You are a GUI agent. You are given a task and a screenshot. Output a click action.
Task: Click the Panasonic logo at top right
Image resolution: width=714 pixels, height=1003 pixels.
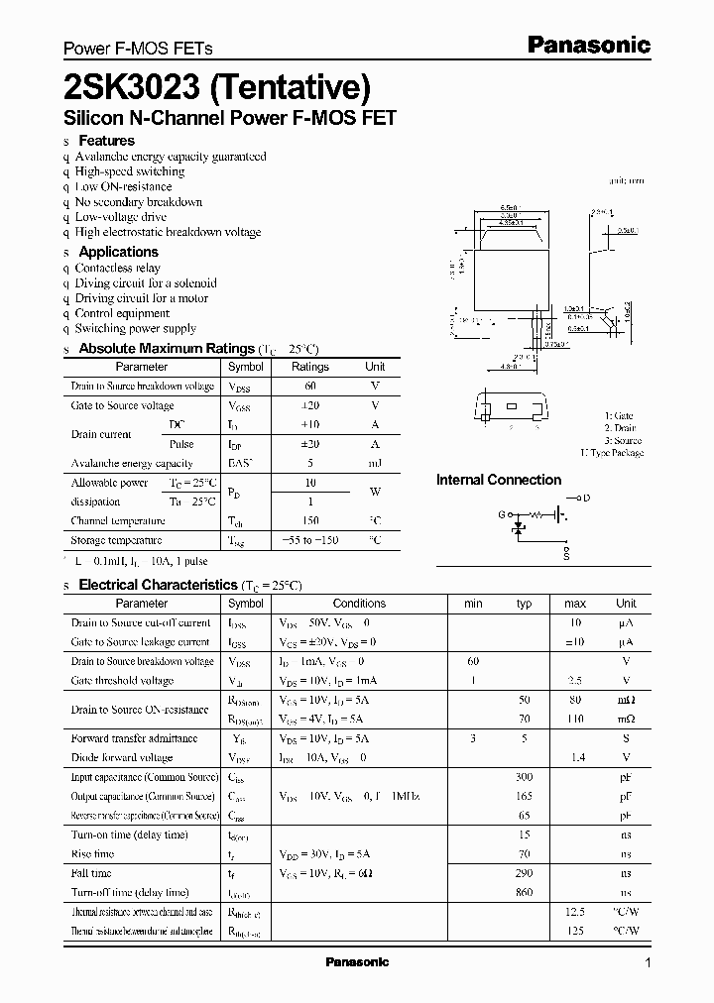pyautogui.click(x=587, y=45)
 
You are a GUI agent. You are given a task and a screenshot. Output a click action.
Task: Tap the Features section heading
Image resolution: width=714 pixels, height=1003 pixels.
pyautogui.click(x=106, y=141)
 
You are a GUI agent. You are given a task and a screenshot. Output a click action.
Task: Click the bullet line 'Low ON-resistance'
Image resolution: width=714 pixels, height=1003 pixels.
pyautogui.click(x=123, y=186)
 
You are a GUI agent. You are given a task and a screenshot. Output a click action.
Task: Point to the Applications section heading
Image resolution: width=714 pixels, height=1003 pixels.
pyautogui.click(x=118, y=252)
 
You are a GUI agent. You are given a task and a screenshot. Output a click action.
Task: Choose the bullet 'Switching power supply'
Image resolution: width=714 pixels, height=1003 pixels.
pyautogui.click(x=136, y=328)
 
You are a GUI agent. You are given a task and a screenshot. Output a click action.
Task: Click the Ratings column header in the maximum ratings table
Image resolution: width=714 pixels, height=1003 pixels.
pyautogui.click(x=309, y=367)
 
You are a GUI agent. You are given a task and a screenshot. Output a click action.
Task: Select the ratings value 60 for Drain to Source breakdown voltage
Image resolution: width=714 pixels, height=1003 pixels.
pyautogui.click(x=309, y=386)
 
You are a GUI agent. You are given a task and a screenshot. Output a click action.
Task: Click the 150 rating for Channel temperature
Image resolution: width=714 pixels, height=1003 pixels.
pyautogui.click(x=309, y=520)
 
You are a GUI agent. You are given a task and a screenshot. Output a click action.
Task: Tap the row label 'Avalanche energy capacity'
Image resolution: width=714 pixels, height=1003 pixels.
pyautogui.click(x=132, y=463)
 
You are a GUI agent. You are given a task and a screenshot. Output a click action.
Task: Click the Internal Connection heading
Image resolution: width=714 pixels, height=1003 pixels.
pyautogui.click(x=499, y=480)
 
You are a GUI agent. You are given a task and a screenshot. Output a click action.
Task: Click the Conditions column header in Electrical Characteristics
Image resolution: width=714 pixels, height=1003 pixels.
pyautogui.click(x=359, y=603)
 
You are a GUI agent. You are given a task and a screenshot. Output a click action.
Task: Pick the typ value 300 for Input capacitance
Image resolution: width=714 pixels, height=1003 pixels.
pyautogui.click(x=525, y=777)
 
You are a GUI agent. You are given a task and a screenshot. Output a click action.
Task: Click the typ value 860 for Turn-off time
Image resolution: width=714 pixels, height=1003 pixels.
pyautogui.click(x=525, y=892)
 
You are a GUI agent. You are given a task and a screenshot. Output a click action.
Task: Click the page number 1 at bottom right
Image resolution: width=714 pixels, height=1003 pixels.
pyautogui.click(x=648, y=963)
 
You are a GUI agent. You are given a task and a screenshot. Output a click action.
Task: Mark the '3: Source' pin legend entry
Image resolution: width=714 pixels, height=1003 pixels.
pyautogui.click(x=623, y=440)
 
